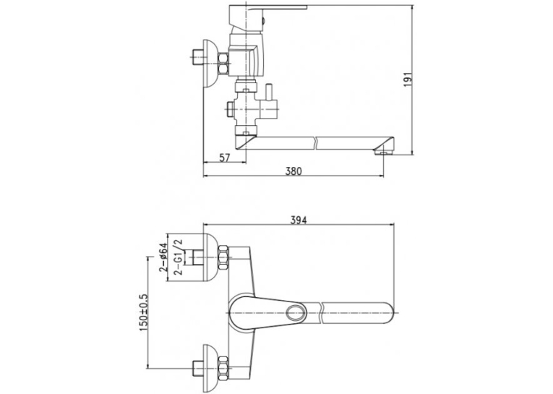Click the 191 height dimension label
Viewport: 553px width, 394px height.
408,80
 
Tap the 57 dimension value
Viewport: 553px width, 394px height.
225,158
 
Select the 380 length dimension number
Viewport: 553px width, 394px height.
293,171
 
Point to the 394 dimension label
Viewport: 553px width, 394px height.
299,220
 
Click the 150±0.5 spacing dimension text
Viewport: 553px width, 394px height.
144,312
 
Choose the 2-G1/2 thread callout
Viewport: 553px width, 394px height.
179,257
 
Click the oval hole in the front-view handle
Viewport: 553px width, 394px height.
296,313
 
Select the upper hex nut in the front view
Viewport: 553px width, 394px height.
223,259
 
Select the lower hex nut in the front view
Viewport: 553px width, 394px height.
223,369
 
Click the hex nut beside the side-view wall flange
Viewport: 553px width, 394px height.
223,63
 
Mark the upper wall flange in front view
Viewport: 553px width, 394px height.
209,258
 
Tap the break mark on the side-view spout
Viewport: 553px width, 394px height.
317,143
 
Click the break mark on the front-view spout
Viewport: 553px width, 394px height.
321,313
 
